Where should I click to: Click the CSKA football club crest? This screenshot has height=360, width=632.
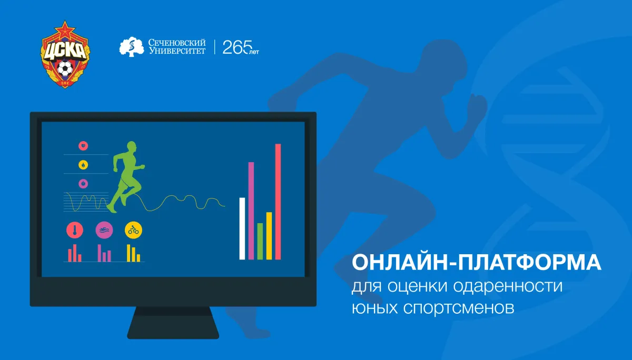point(65,54)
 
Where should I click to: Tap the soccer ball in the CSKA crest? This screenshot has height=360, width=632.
point(65,68)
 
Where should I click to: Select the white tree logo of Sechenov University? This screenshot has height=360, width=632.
point(132,47)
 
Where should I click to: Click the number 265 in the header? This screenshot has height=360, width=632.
point(237,47)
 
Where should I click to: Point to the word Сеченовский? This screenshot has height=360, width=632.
point(177,43)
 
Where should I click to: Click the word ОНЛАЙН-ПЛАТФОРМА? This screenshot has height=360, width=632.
point(476,263)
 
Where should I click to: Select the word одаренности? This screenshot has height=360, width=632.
point(508,286)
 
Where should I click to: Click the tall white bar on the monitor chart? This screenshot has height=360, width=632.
point(242,228)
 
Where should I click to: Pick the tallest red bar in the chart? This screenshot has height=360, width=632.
point(278,202)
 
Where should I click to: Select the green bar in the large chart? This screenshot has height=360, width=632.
point(260,241)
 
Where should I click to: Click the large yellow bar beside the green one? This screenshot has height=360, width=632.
point(269,236)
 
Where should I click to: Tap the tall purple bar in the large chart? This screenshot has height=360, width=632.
point(251,211)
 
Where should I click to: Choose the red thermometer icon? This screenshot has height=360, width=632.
point(75,230)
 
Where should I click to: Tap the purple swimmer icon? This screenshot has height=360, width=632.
point(104,230)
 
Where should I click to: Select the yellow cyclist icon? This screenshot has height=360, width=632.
point(133,230)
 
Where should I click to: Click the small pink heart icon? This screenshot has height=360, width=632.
point(83,146)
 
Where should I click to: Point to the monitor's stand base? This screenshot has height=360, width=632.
point(173,323)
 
